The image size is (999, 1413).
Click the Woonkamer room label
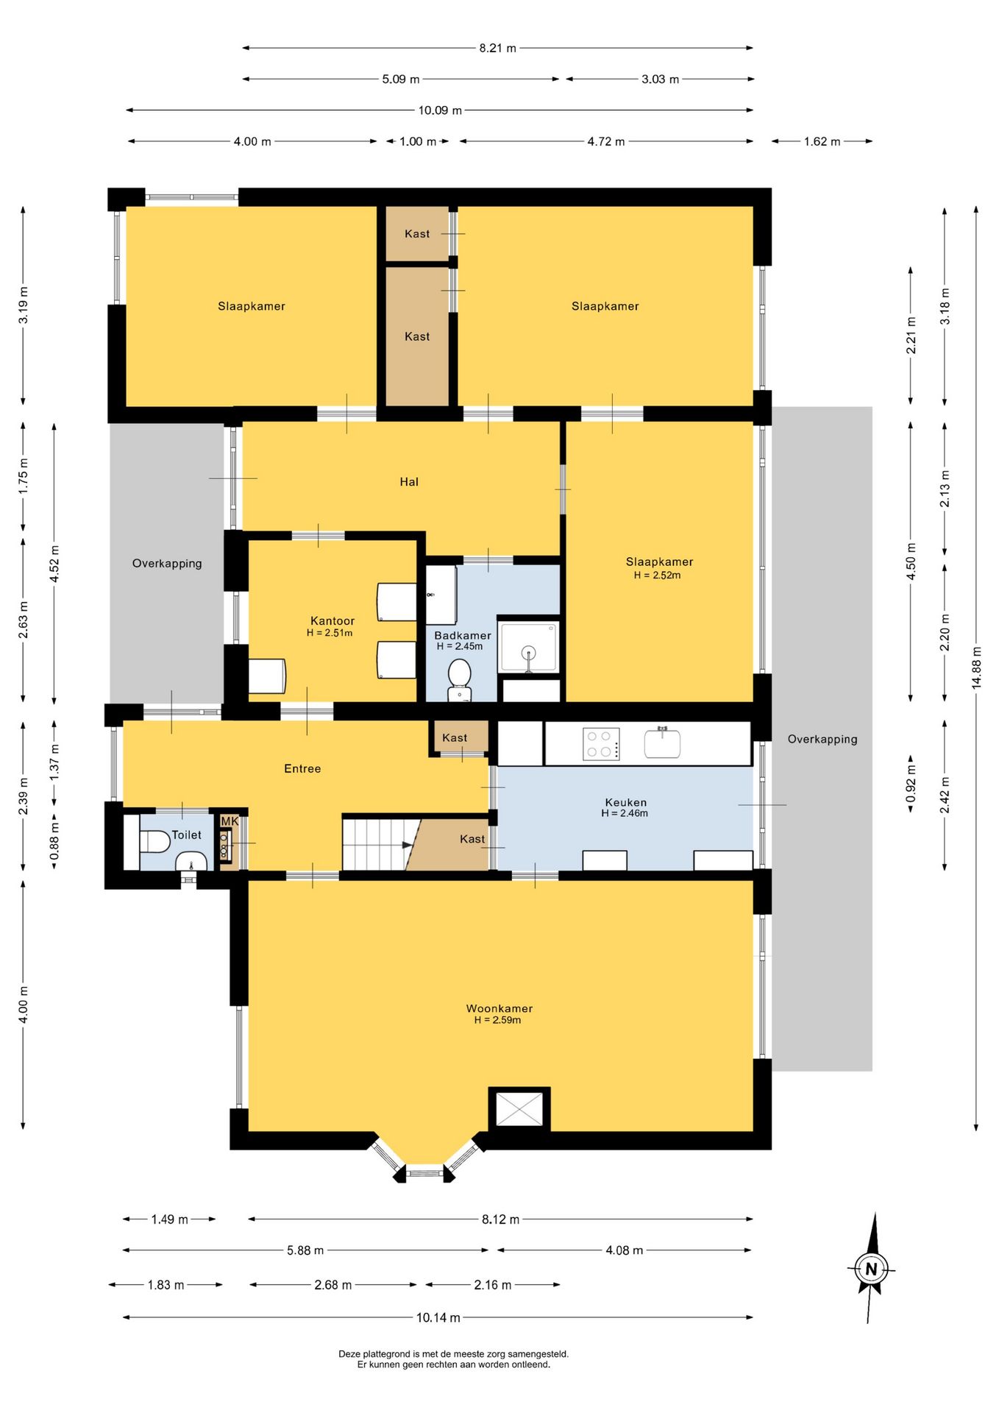pos(499,1008)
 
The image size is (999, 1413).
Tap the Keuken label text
pos(625,802)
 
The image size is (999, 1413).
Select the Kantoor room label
pos(333,620)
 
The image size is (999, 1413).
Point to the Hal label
pos(409,482)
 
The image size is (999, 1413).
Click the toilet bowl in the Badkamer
pos(460,679)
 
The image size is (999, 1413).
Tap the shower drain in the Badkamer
pos(528,652)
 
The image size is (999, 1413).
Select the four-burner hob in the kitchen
pos(601,743)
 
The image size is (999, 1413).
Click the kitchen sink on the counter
pos(662,743)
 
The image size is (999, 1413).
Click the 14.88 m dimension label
pos(976,667)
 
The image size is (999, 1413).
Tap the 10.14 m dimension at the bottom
pos(438,1317)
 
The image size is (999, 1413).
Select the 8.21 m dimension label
pos(498,48)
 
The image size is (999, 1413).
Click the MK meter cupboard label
pos(230,821)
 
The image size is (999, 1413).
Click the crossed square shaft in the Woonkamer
pos(519,1109)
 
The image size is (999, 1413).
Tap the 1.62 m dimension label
pos(822,141)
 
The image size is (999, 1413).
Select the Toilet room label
pos(186,835)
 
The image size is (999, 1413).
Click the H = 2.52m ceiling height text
pos(657,576)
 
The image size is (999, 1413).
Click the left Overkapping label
pos(167,564)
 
